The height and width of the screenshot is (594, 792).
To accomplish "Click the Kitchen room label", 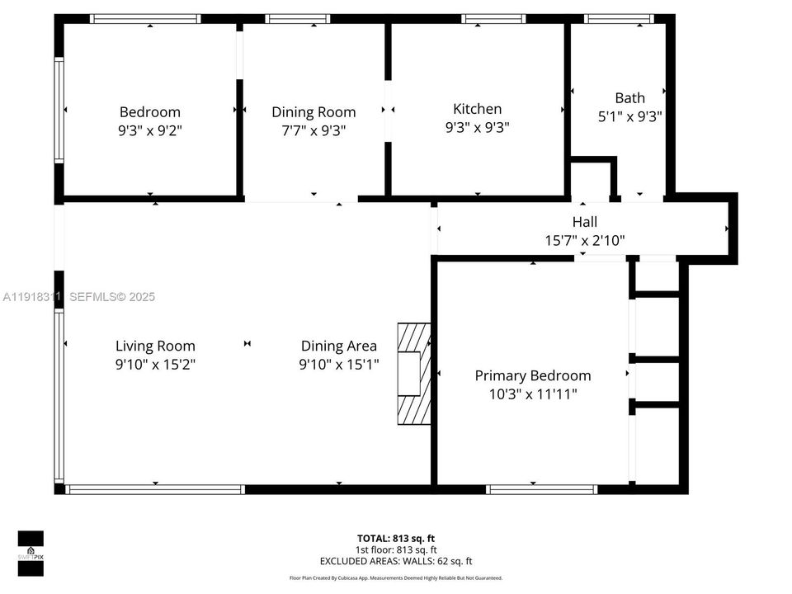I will pos(477,109).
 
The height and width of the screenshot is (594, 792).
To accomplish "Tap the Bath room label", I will pos(629,98).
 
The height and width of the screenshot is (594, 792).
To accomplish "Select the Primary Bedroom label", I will pos(532,375).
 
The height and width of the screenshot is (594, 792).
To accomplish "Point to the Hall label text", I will pos(584,222).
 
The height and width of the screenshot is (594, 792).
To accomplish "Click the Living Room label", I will pos(155,346).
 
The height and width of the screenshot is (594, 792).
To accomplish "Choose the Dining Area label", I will pos(338,346).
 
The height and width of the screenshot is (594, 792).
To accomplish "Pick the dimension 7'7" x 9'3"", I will pos(313,130).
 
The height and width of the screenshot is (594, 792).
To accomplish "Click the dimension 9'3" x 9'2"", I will pos(150,130).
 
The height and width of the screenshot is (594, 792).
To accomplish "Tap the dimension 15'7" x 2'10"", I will pos(584,241).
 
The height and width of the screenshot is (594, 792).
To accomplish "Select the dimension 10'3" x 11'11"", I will pos(532,394).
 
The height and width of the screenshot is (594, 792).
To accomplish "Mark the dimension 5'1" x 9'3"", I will pos(629,117).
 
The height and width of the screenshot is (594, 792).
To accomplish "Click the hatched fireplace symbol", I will pos(413,373).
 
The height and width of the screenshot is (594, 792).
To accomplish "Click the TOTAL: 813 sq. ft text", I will pos(396,538).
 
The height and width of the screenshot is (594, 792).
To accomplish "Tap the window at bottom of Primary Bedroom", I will pos(542,489).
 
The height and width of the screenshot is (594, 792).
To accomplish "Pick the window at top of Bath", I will pos(619,18).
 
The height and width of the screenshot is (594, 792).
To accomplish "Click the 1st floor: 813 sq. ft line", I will pos(396,549).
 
